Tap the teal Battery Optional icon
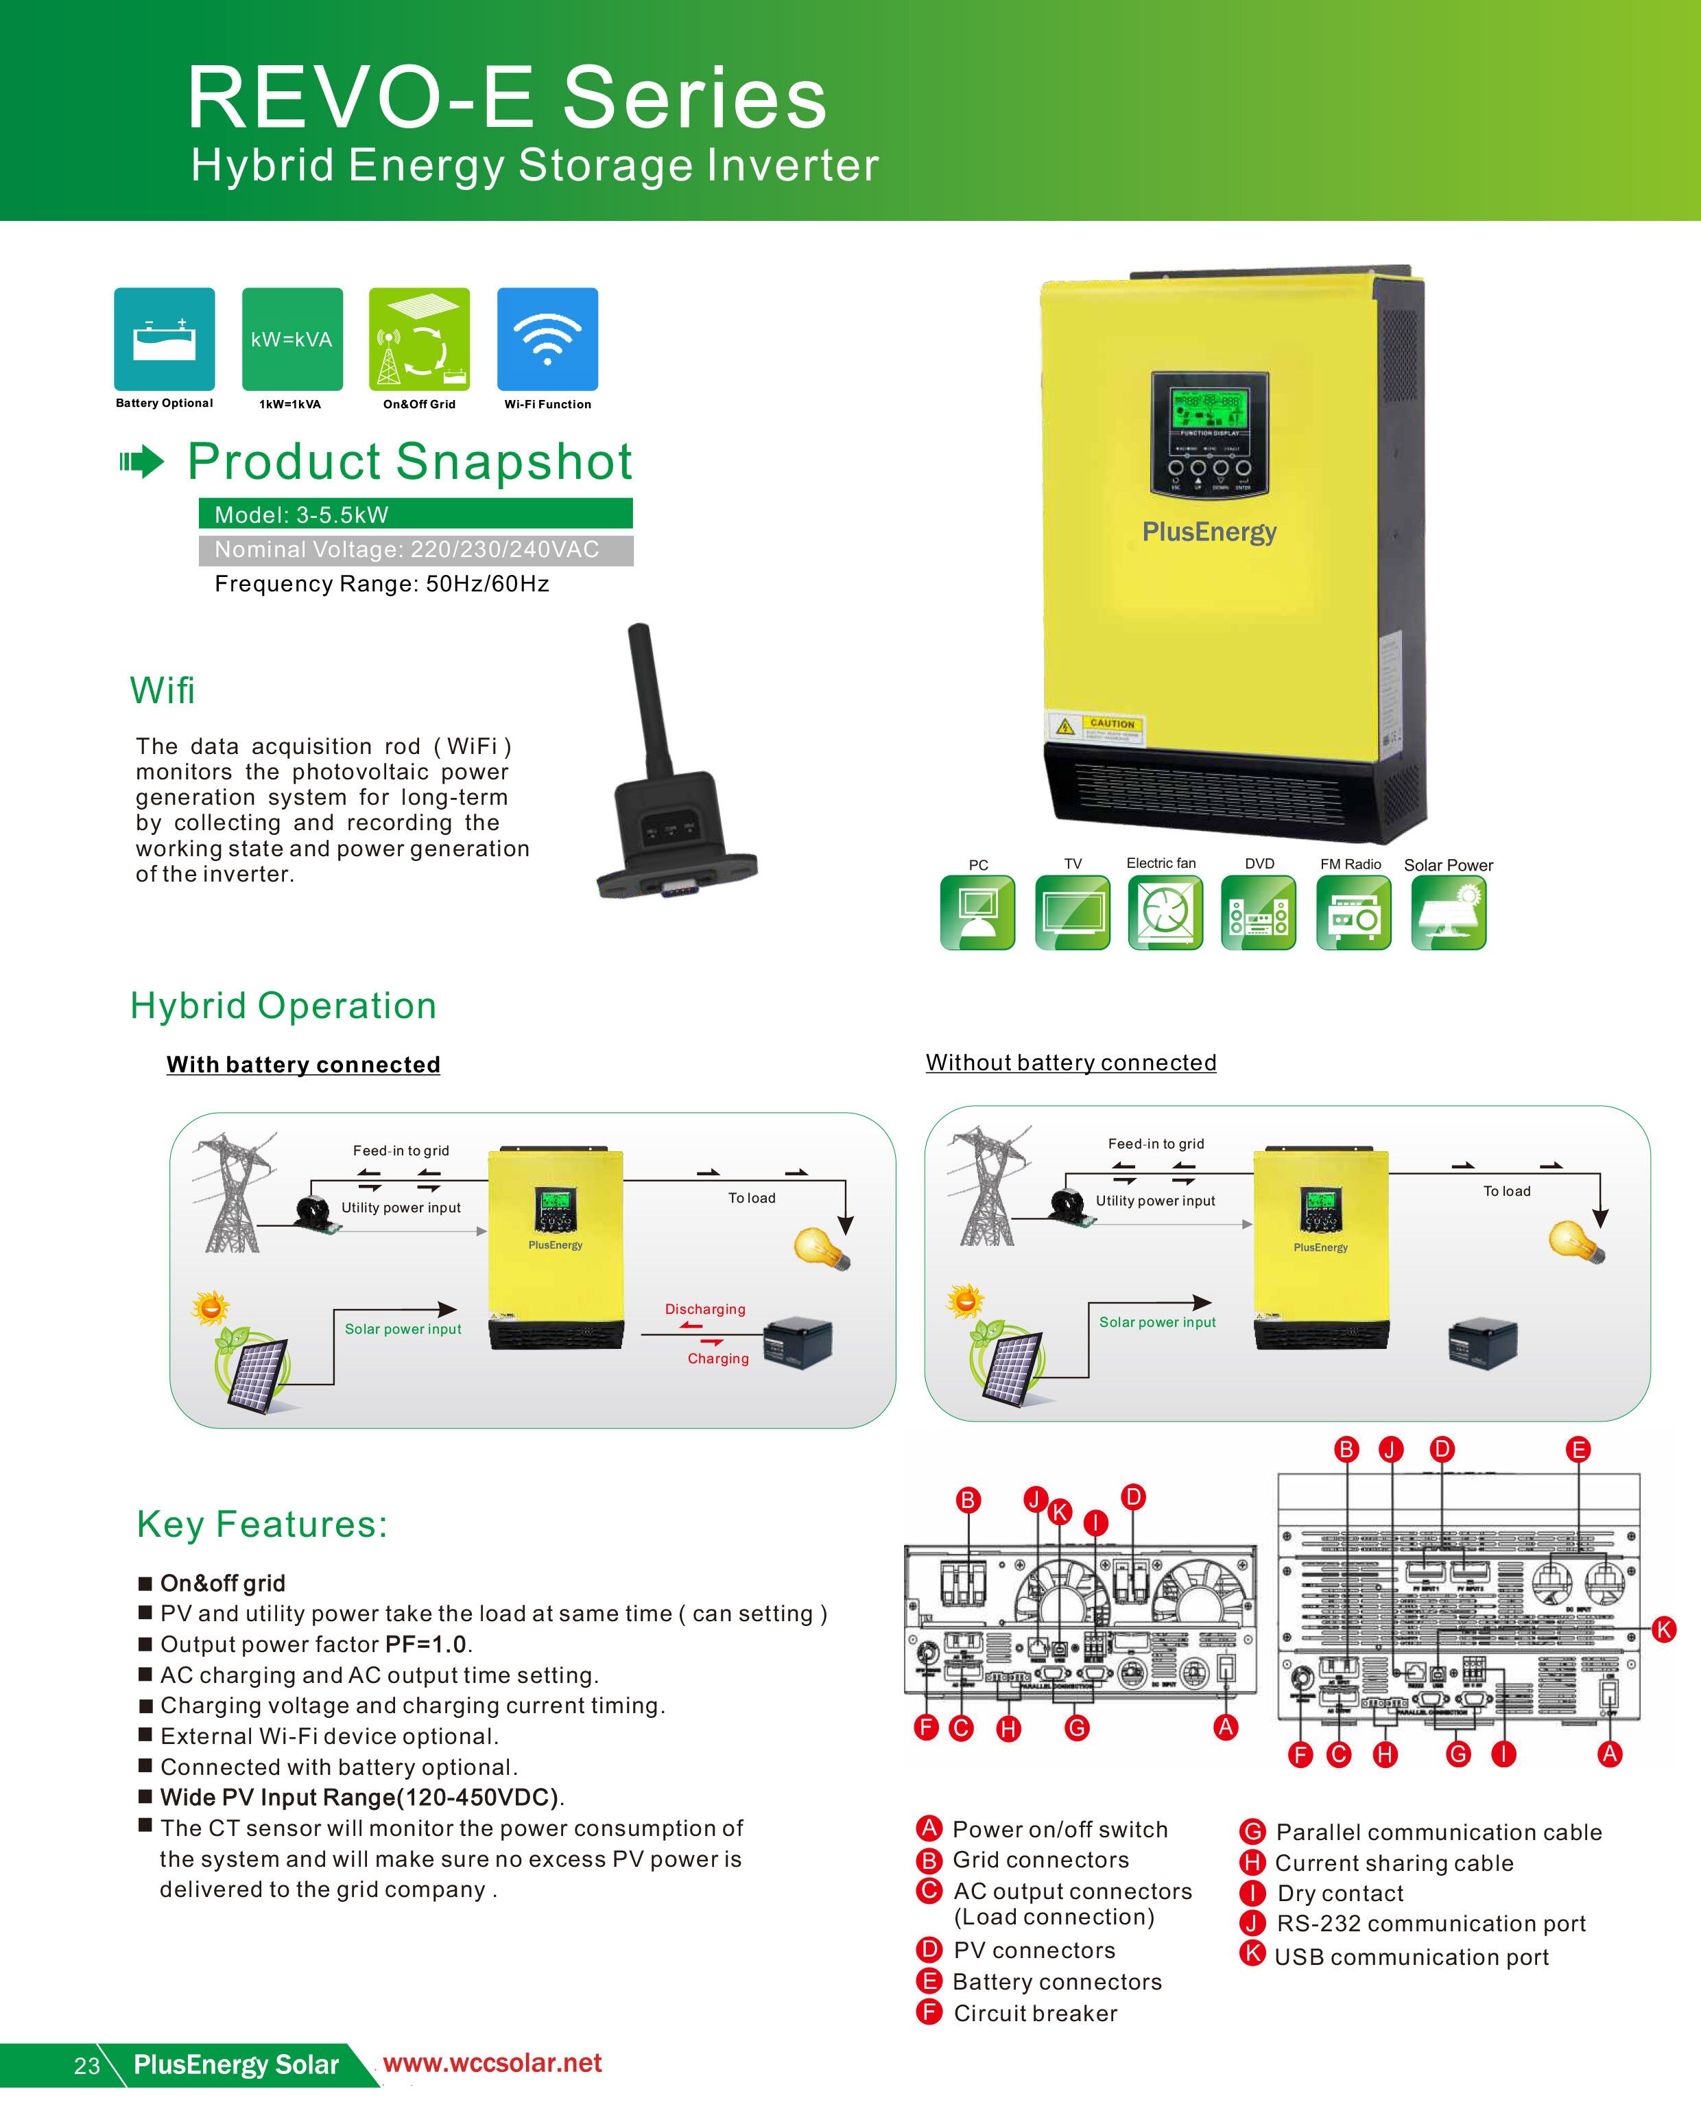point(165,339)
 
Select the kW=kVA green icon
point(292,339)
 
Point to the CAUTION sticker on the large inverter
point(1095,727)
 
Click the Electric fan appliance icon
point(1165,912)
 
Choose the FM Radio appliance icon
point(1353,912)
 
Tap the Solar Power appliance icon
point(1448,912)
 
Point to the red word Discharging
point(704,1309)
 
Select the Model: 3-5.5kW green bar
point(416,514)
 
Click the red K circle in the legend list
point(1252,1953)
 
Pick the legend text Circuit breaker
point(1035,2013)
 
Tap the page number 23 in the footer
point(86,2066)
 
